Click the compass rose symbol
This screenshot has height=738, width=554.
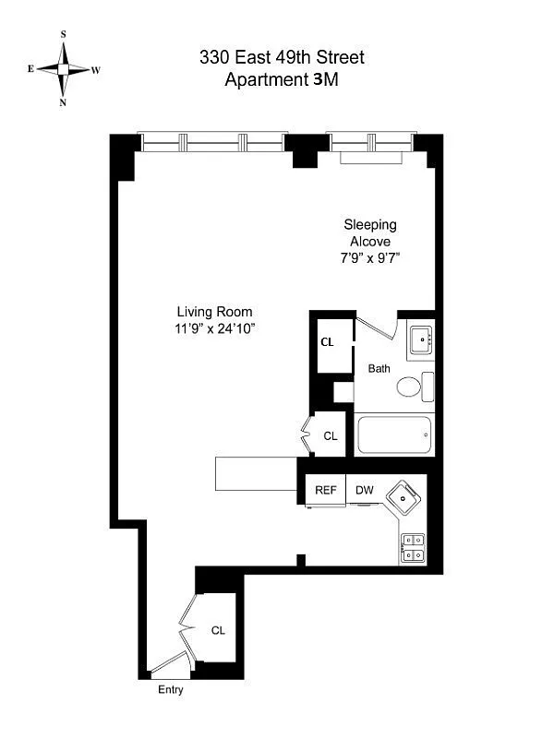point(64,68)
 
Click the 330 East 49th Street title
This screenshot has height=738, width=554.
point(282,57)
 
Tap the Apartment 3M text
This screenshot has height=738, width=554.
point(282,79)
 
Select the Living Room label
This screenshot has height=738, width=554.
point(215,312)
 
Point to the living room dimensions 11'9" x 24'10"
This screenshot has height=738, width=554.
point(215,327)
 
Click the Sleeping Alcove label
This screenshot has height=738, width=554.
point(370,232)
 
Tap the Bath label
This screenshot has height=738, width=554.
point(379,368)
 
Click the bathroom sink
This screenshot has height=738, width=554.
point(421,339)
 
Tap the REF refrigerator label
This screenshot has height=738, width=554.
point(325,490)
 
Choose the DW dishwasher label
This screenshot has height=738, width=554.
point(364,490)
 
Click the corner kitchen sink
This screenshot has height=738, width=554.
point(404,499)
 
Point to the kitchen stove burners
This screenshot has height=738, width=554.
point(413,548)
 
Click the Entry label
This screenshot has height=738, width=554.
point(171,690)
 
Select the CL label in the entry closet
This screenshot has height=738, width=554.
point(218,631)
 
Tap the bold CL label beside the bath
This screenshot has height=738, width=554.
point(327,341)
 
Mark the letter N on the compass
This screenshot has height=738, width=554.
point(64,102)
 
